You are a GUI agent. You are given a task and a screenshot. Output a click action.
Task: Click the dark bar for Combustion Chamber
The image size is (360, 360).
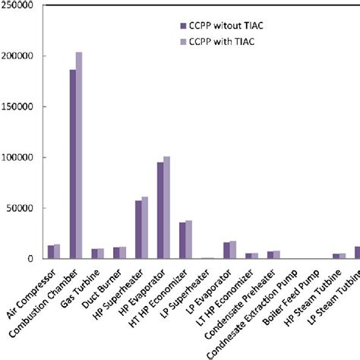pos(73,164)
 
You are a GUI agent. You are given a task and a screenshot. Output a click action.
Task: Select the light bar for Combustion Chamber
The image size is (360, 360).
pos(79,156)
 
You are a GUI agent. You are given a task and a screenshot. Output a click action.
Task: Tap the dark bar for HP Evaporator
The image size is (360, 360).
pos(160,210)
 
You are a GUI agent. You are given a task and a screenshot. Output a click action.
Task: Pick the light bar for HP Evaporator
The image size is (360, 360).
pos(166,207)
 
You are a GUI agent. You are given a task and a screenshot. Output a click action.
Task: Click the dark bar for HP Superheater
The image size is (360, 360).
pos(138,229)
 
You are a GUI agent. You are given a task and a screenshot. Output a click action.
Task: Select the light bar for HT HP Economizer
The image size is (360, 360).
pos(188,239)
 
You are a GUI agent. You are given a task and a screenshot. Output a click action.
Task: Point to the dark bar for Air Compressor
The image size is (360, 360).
pos(51,252)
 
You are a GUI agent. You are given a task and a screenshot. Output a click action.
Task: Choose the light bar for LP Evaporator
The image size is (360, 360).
pos(233,250)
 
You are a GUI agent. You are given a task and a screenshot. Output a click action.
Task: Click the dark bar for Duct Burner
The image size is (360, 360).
pos(116,253)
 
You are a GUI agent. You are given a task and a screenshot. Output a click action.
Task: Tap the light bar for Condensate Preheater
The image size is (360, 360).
pos(276,254)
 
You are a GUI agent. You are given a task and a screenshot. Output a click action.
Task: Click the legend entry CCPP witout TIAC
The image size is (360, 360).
pos(222,26)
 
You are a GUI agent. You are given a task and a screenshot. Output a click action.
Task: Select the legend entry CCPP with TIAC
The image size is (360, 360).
pos(217,42)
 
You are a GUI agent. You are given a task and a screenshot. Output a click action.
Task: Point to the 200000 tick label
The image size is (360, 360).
pos(17,56)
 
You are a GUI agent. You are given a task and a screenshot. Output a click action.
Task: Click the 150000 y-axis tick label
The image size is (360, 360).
pos(17,106)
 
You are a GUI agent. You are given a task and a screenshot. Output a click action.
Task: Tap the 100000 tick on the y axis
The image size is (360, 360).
pos(17,157)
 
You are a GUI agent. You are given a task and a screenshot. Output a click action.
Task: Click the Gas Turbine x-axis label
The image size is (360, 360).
pos(81,289)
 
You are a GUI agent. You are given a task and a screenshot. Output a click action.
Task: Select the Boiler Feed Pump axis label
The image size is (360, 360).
pos(291,298)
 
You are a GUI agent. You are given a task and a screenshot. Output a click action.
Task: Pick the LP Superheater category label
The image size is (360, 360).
pos(186,294)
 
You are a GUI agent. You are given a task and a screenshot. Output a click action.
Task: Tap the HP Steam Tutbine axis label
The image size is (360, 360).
pos(313,298)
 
